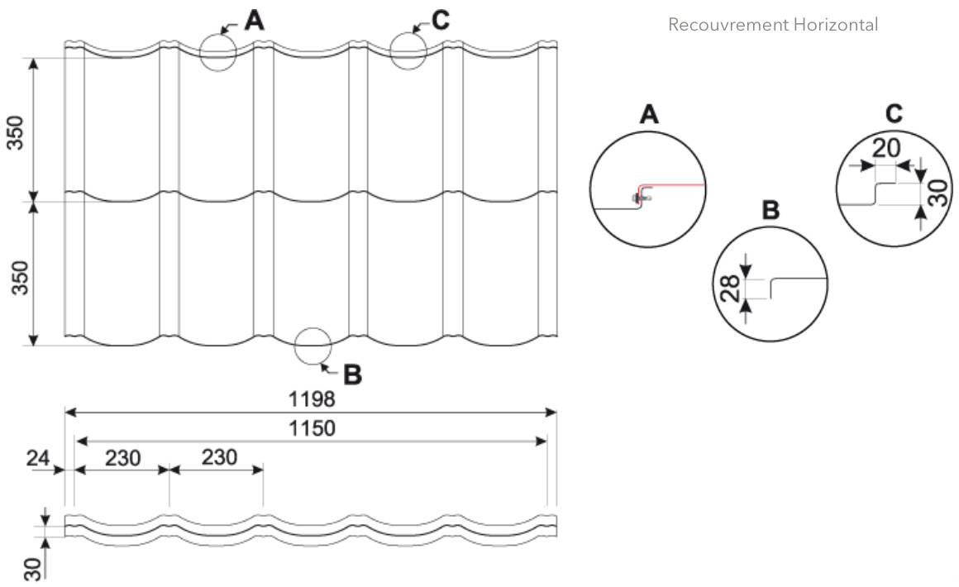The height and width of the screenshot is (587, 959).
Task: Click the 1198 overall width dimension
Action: [312, 399]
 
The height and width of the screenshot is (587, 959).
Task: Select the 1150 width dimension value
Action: [312, 428]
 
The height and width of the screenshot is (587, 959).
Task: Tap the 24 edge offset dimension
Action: [37, 457]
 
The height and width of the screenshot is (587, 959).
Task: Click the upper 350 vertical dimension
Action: [17, 132]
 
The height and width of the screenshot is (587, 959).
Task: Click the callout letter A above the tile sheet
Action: [254, 20]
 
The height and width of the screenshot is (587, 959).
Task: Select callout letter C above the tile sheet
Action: [441, 20]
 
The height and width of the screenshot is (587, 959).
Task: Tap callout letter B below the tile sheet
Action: [352, 375]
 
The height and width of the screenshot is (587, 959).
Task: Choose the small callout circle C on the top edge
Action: [390, 51]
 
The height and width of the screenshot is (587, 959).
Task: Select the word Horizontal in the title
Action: [836, 25]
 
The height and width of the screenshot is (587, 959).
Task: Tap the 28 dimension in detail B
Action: [731, 288]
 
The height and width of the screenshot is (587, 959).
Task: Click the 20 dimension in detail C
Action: [885, 149]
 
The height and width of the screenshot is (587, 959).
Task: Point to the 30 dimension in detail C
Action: [941, 193]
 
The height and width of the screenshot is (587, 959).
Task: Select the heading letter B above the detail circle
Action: [771, 210]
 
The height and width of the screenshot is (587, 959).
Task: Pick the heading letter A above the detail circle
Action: [648, 114]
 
